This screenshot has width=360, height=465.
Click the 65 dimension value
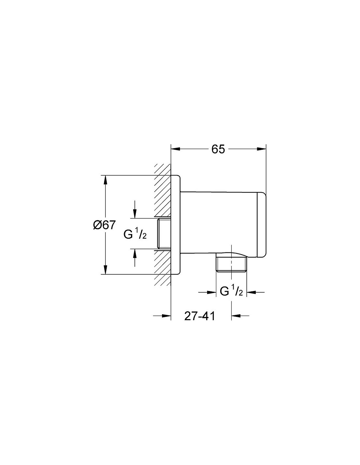[x=218, y=149]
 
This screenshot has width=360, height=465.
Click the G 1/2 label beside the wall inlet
[x=135, y=234]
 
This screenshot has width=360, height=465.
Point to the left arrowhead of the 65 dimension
[x=176, y=149]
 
